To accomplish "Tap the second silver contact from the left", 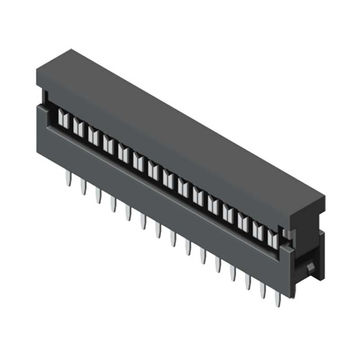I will [x=75, y=126].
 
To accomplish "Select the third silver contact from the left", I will [x=90, y=134].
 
